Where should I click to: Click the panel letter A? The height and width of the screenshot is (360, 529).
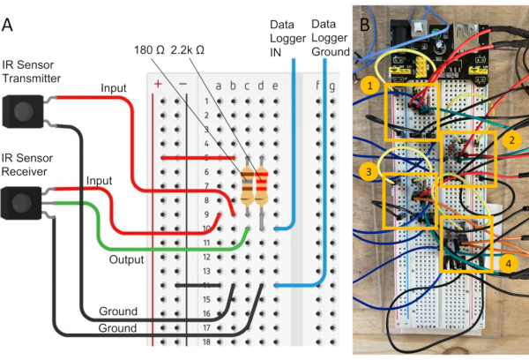tap(8, 25)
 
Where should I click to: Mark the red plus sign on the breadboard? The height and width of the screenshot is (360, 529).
tap(158, 85)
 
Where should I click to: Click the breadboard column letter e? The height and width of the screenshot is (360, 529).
tap(276, 86)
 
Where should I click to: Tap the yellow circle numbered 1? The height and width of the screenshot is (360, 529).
tap(367, 86)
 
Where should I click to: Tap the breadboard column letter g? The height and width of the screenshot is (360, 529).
tap(332, 86)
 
